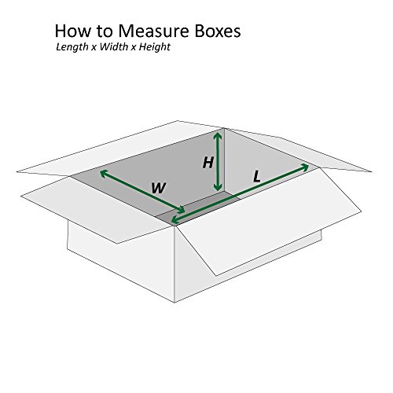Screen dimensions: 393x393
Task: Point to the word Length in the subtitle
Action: point(73,49)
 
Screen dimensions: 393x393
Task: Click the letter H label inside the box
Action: point(208,163)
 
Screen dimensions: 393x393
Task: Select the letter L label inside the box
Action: point(256,178)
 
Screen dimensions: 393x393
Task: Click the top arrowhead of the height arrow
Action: point(219,134)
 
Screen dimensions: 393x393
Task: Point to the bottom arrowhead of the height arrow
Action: point(219,189)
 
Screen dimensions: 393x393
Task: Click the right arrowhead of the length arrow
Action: point(306,167)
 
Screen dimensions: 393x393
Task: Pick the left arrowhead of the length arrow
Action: point(174,222)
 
